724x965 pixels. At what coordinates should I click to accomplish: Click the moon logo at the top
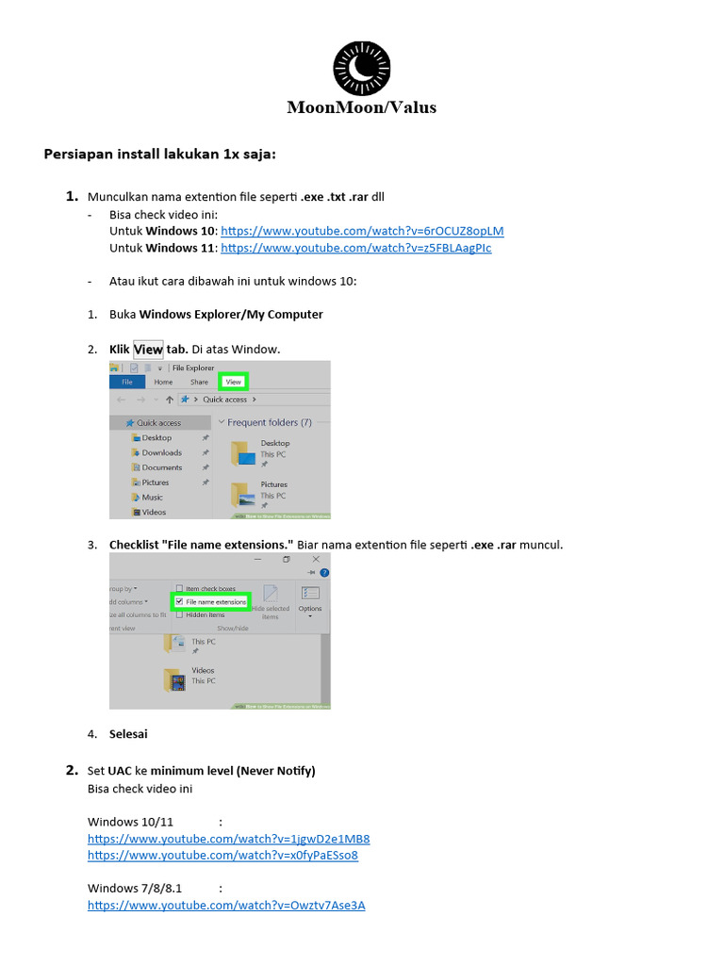point(362,68)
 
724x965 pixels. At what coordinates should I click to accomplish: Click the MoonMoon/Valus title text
point(362,107)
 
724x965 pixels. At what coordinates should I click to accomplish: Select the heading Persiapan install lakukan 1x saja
point(159,155)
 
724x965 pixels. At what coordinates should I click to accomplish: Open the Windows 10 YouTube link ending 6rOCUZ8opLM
point(362,231)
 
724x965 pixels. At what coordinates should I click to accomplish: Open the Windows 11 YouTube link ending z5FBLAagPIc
point(355,248)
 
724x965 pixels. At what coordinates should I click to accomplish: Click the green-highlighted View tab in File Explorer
point(233,382)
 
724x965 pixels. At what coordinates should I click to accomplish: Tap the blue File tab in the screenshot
point(125,382)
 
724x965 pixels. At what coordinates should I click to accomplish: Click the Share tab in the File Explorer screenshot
point(199,382)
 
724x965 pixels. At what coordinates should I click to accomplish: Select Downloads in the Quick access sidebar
point(161,452)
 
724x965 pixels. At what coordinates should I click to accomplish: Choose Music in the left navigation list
point(152,497)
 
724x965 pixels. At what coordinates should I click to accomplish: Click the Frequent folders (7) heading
point(269,422)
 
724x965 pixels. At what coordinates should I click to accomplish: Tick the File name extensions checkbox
point(179,601)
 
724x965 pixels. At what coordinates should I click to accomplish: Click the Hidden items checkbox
point(179,614)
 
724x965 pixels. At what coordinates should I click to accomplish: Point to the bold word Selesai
point(128,734)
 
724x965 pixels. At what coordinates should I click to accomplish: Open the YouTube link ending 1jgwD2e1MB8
point(228,839)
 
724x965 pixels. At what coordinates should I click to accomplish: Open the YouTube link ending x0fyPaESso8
point(222,856)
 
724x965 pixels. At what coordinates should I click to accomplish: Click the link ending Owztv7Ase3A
point(226,906)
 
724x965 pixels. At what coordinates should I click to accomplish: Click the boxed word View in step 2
point(148,350)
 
